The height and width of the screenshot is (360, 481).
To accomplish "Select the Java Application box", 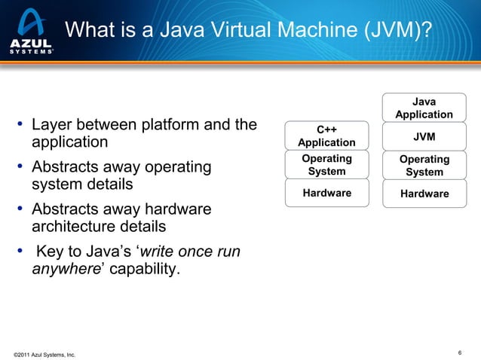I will click(x=424, y=108).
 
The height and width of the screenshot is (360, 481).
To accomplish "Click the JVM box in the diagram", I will click(x=424, y=137).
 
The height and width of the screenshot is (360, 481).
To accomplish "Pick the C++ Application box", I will click(x=326, y=136).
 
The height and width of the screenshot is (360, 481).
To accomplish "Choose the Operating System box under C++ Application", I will click(x=326, y=165).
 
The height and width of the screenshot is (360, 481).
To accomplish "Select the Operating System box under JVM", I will click(x=424, y=166).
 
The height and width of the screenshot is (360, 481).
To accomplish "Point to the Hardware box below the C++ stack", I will click(x=326, y=193).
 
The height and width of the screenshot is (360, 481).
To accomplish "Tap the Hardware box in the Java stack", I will click(x=424, y=194).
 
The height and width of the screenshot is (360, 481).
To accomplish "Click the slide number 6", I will click(x=460, y=352).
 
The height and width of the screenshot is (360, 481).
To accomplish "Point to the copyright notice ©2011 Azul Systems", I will click(x=44, y=353).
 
